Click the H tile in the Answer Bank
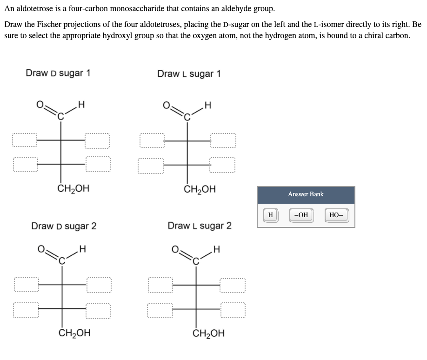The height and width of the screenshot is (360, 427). click(x=270, y=215)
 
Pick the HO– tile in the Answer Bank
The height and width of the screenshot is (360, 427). click(x=336, y=215)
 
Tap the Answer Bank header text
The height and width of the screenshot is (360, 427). click(x=306, y=194)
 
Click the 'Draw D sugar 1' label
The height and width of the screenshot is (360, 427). click(x=58, y=73)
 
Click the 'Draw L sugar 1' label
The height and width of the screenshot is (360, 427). click(x=189, y=73)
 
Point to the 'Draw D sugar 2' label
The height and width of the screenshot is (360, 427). click(x=64, y=226)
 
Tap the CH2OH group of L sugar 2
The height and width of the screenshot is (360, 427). click(x=208, y=333)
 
